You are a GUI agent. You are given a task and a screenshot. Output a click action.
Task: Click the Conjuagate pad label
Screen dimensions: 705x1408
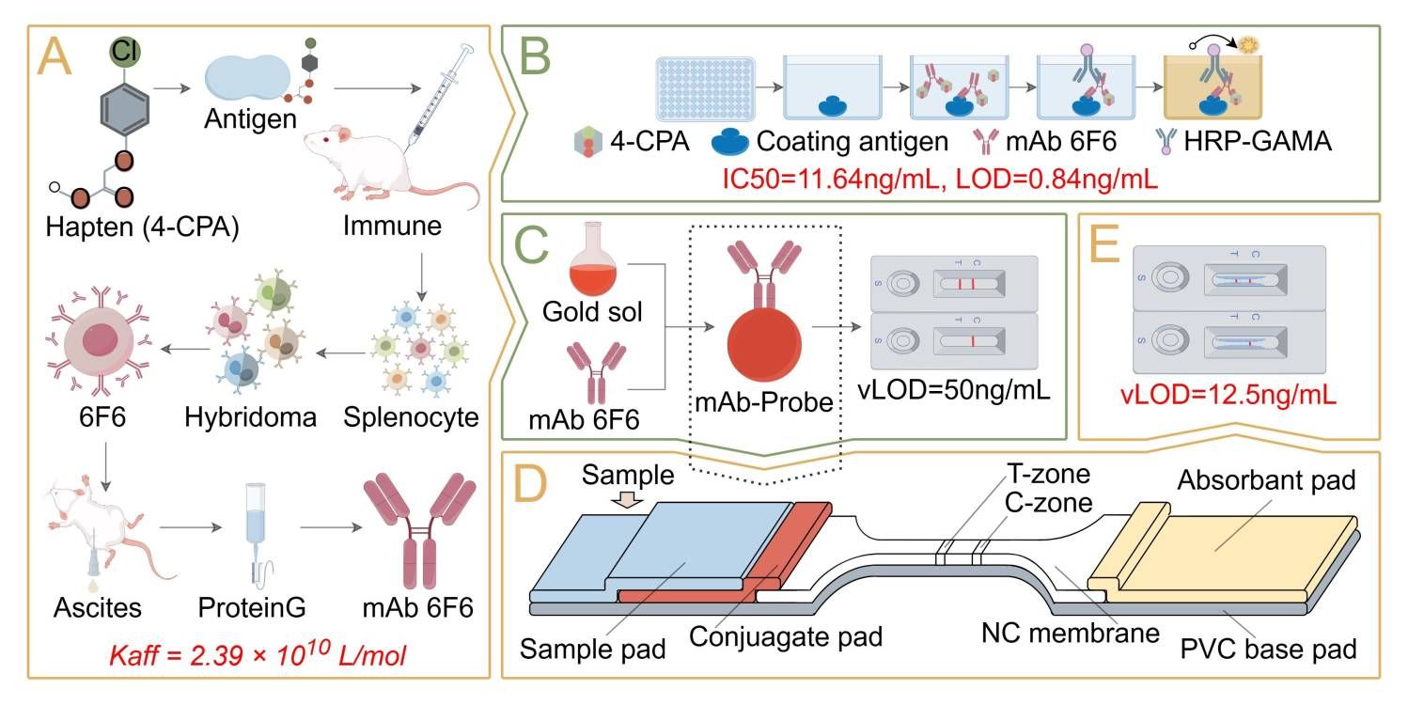click(x=786, y=637)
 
